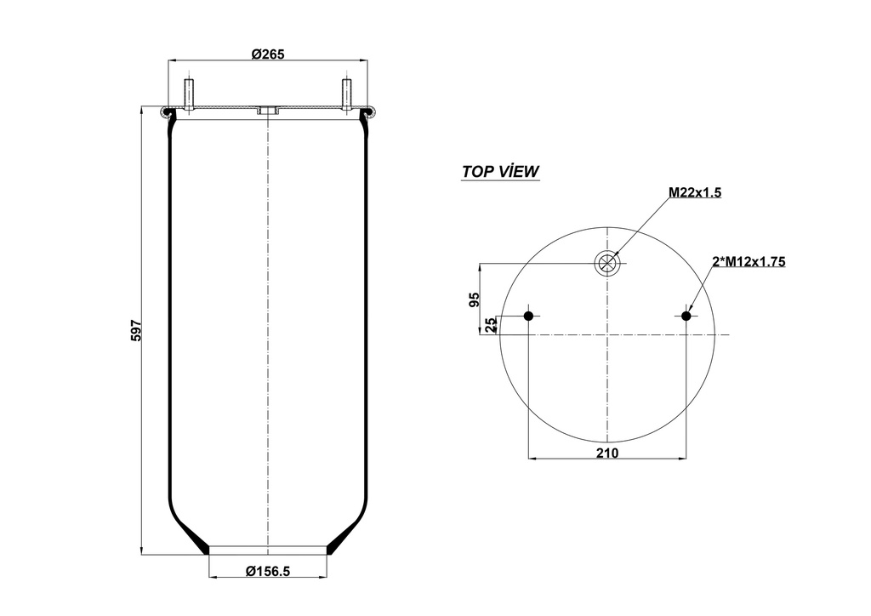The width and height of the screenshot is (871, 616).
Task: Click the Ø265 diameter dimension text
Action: tap(267, 54)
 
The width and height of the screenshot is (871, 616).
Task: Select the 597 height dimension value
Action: tap(135, 331)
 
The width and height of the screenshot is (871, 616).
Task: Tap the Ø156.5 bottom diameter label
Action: tap(268, 571)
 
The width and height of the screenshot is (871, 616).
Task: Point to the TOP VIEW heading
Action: tap(500, 171)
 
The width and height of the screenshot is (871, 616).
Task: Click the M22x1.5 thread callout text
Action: tap(694, 193)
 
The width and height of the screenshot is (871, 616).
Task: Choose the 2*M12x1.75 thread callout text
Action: tap(748, 262)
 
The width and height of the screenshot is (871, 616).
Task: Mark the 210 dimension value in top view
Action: tap(606, 453)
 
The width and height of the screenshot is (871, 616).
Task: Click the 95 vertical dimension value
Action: tap(475, 299)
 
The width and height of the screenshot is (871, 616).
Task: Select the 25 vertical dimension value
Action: tap(490, 325)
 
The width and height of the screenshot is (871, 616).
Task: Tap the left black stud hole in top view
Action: tap(528, 317)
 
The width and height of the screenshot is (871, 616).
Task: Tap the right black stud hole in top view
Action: tap(686, 317)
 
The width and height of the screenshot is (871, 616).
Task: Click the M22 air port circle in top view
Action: tap(607, 263)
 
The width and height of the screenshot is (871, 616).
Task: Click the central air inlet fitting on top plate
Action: tap(267, 111)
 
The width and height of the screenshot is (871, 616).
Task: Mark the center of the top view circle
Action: tap(607, 334)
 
